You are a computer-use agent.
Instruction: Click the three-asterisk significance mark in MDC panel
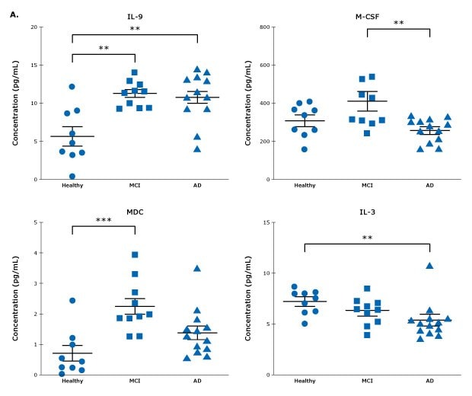coord(103,220)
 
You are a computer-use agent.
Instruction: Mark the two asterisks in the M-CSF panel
coord(398,24)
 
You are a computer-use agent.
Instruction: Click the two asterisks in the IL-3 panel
coord(366,238)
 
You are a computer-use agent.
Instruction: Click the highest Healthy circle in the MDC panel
coord(72,300)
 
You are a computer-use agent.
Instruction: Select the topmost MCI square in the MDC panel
coord(135,255)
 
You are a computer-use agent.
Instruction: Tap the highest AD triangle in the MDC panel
coord(197,268)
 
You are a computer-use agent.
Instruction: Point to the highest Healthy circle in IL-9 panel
coord(72,87)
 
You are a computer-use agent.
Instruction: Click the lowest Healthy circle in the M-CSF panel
coord(305,149)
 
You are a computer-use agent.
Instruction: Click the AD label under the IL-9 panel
coord(197,185)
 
